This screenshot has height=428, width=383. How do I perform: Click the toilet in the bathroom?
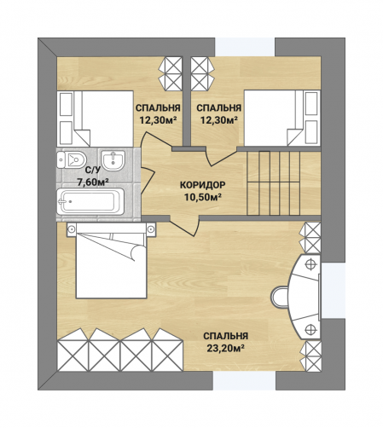tap(71, 159)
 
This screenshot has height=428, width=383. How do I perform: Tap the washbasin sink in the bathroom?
tap(113, 160)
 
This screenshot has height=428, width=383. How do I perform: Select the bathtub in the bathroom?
tap(90, 201)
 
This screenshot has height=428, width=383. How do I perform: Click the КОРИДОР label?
tap(202, 185)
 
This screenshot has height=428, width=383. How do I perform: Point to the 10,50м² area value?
tap(203, 197)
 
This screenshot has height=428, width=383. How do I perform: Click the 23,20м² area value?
tap(226, 348)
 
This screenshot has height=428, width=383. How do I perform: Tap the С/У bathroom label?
tap(93, 170)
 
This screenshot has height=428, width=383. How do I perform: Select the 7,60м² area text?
tap(93, 182)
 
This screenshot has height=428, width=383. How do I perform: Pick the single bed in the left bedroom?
tap(95, 119)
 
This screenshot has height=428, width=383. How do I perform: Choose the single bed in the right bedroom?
tap(282, 118)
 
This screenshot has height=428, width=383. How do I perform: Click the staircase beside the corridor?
tap(274, 183)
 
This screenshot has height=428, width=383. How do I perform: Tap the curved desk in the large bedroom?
tap(305, 297)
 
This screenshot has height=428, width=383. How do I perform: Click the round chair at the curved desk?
tap(280, 297)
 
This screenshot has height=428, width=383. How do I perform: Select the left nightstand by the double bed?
tap(72, 229)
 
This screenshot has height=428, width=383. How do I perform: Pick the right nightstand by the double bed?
tap(151, 229)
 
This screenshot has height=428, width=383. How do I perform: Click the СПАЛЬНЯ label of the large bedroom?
tap(226, 336)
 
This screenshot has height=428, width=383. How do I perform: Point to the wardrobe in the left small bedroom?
tap(171, 73)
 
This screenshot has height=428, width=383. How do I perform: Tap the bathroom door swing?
tap(148, 181)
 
